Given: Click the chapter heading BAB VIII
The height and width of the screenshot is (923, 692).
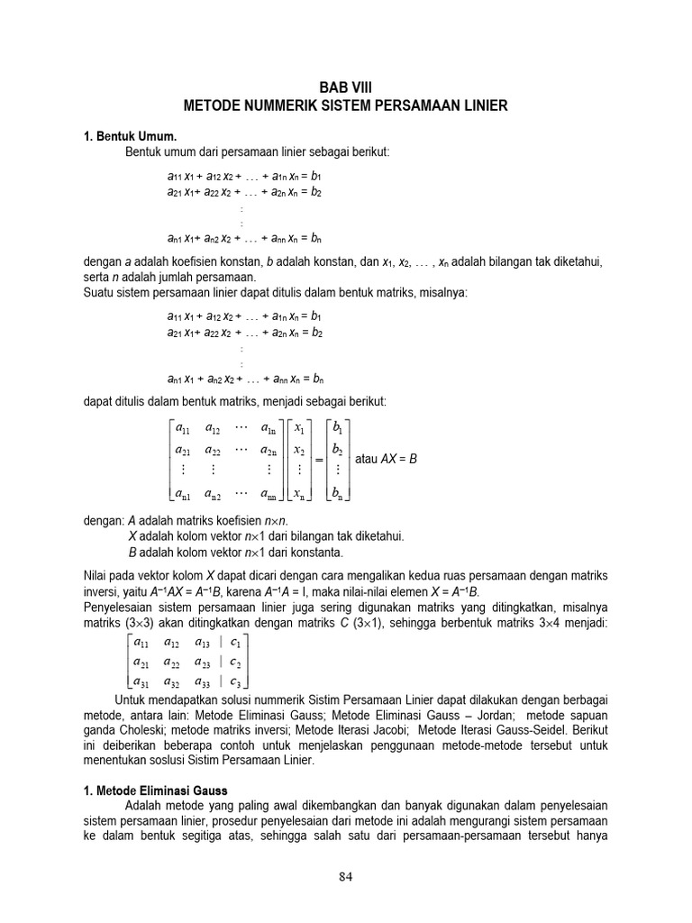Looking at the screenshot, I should (345, 87).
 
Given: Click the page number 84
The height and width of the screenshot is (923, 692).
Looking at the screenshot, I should (346, 875).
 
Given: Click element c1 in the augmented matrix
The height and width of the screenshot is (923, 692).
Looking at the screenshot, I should (235, 643).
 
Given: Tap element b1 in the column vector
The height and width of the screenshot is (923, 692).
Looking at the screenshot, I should (338, 427).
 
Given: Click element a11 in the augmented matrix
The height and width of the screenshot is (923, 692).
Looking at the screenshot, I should (141, 643).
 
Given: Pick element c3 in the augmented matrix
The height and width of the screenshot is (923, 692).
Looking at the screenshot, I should (235, 681).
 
